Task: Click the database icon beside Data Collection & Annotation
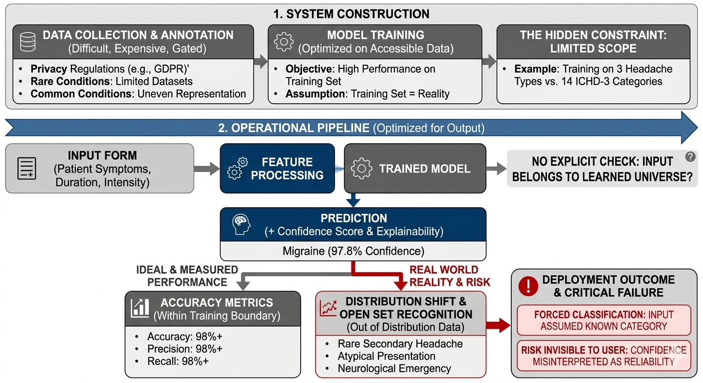27,42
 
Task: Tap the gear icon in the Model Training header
284,41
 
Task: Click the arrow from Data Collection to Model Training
261,61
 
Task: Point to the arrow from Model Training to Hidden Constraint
489,61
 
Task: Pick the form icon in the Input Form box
26,168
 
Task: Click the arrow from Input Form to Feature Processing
207,169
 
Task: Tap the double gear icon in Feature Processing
238,168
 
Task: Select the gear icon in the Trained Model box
361,168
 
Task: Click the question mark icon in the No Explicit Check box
690,157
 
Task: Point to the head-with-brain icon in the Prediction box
241,224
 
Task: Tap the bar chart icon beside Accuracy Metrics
140,308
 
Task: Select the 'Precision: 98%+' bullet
185,349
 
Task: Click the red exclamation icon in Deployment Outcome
528,286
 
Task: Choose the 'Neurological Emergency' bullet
394,369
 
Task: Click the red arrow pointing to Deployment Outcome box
498,325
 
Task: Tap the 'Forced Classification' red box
604,320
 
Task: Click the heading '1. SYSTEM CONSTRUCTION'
351,14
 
